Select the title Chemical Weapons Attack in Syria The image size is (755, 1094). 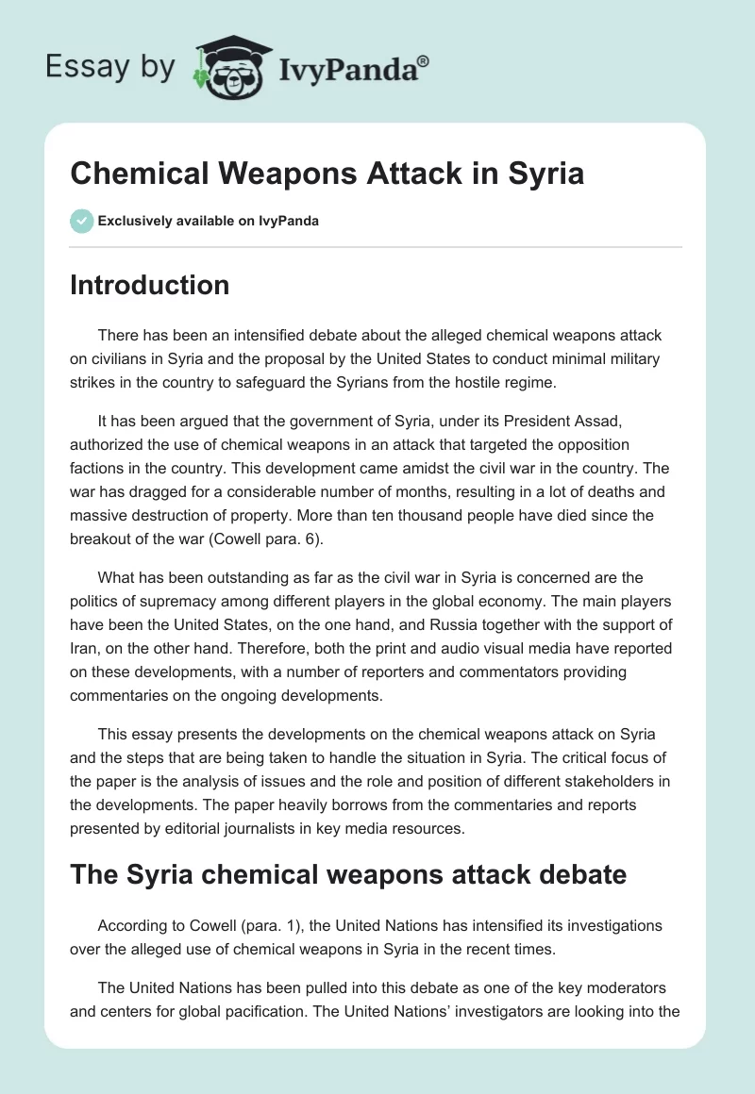pos(327,174)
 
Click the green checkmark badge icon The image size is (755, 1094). pos(81,222)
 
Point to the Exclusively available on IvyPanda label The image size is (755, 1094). pos(208,222)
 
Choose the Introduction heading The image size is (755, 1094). pos(149,285)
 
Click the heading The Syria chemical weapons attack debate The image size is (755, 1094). pos(348,875)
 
